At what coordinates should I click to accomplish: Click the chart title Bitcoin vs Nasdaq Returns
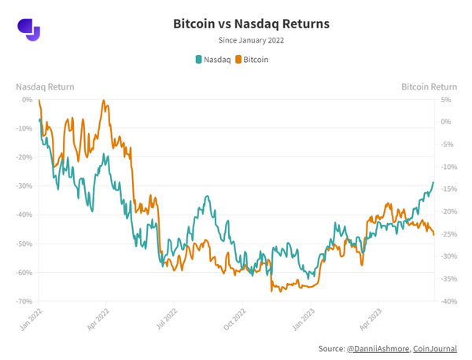(251, 24)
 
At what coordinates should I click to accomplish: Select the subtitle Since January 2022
(251, 40)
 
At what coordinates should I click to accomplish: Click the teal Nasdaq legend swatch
(198, 59)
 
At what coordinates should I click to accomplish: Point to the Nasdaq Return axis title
(45, 86)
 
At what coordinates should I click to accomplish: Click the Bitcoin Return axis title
(429, 86)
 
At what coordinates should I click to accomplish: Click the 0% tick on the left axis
(26, 100)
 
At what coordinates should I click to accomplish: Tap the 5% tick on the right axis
(445, 100)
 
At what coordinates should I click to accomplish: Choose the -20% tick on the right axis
(448, 211)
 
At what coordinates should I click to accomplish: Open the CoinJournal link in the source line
(435, 348)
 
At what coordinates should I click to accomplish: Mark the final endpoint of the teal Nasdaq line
(433, 182)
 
